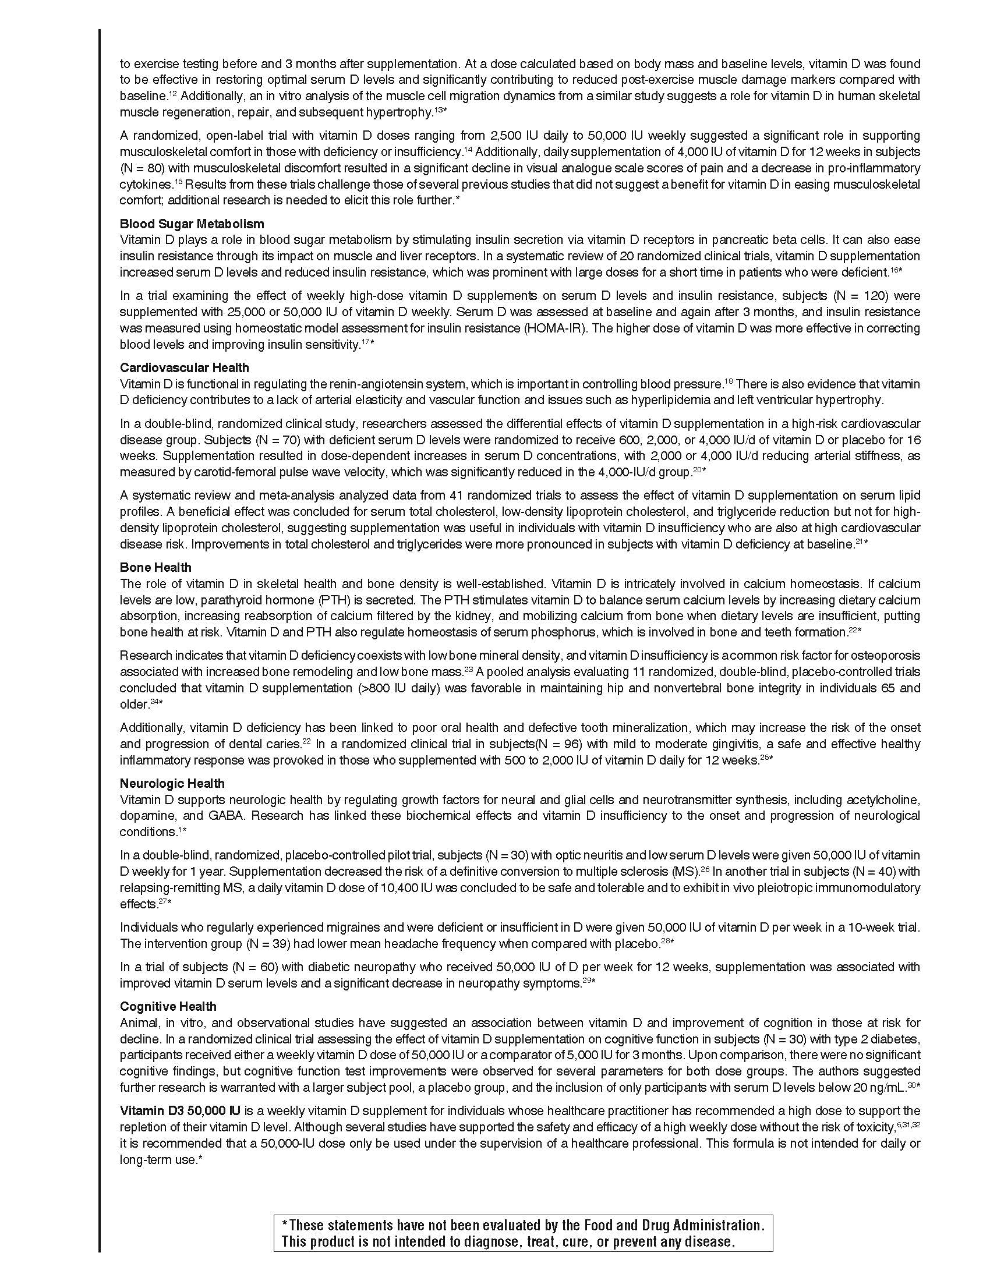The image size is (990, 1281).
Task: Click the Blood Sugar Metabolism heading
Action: [192, 224]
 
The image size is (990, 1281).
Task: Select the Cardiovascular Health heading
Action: [184, 368]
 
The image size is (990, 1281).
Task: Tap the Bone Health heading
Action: [155, 567]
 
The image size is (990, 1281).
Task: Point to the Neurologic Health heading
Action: [172, 783]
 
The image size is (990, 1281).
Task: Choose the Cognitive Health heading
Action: [168, 1006]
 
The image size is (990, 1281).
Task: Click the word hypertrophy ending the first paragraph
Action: [399, 111]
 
